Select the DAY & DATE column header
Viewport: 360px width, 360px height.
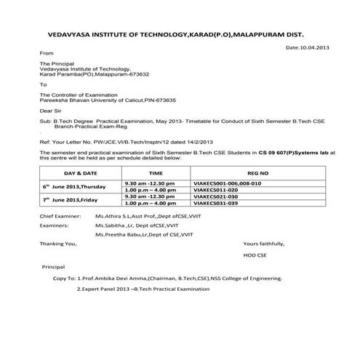click(x=80, y=175)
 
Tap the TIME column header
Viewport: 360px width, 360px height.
click(x=156, y=175)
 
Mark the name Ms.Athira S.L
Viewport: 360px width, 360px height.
click(x=112, y=217)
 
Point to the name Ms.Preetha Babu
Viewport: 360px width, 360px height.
click(x=117, y=234)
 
